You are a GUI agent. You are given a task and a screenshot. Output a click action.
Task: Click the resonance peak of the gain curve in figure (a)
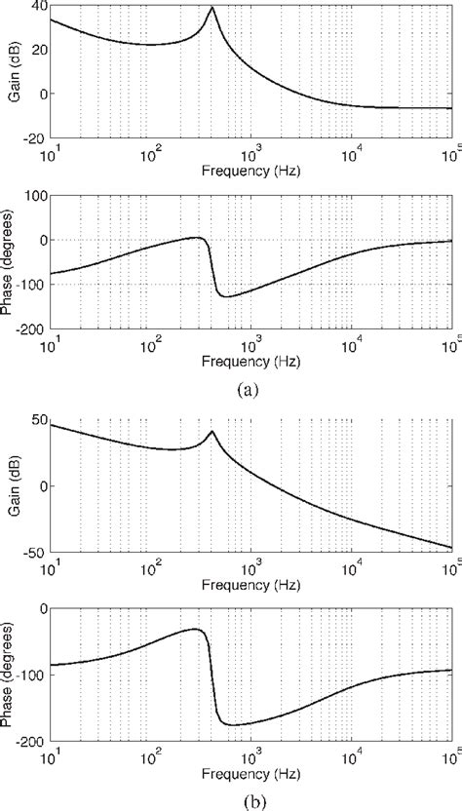(212, 8)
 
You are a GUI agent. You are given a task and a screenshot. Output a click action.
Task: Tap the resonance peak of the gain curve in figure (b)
(212, 431)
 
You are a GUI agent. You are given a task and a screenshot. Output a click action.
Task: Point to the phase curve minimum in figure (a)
(226, 295)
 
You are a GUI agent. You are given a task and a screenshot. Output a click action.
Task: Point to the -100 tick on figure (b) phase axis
(28, 675)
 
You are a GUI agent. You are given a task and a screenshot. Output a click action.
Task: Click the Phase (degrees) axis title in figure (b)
(9, 675)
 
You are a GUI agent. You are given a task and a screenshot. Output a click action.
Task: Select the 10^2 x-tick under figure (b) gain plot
(151, 565)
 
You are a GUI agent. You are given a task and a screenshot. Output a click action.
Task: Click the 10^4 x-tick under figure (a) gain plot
(352, 152)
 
